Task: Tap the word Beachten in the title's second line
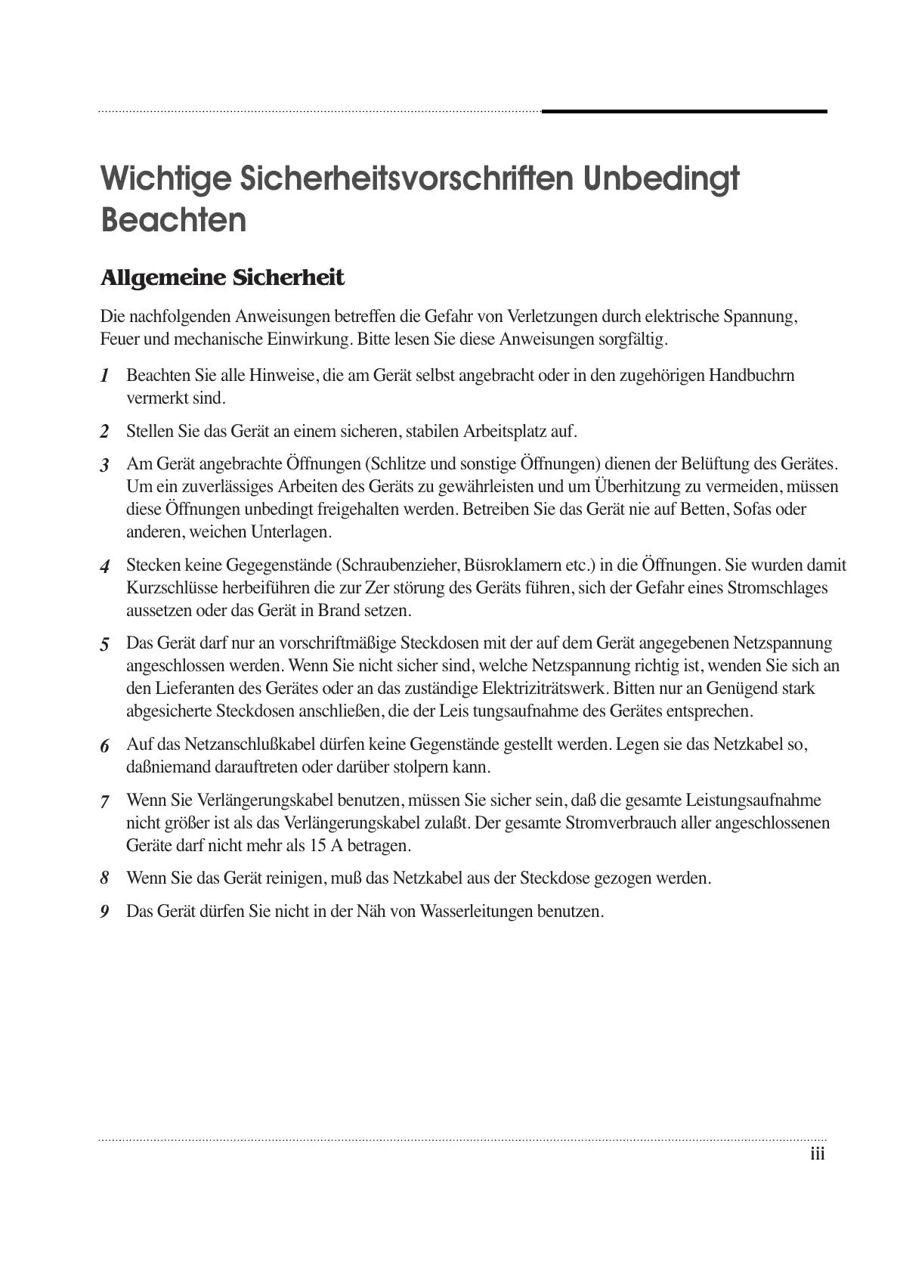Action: click(x=174, y=220)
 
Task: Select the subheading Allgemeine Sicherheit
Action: click(x=222, y=278)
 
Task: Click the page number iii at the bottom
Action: click(x=817, y=1154)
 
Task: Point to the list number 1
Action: click(x=105, y=376)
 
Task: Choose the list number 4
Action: click(x=105, y=566)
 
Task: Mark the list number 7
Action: click(x=105, y=801)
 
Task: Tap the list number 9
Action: click(x=105, y=912)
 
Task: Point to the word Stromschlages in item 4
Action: click(x=778, y=588)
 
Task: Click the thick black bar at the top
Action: click(x=684, y=112)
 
